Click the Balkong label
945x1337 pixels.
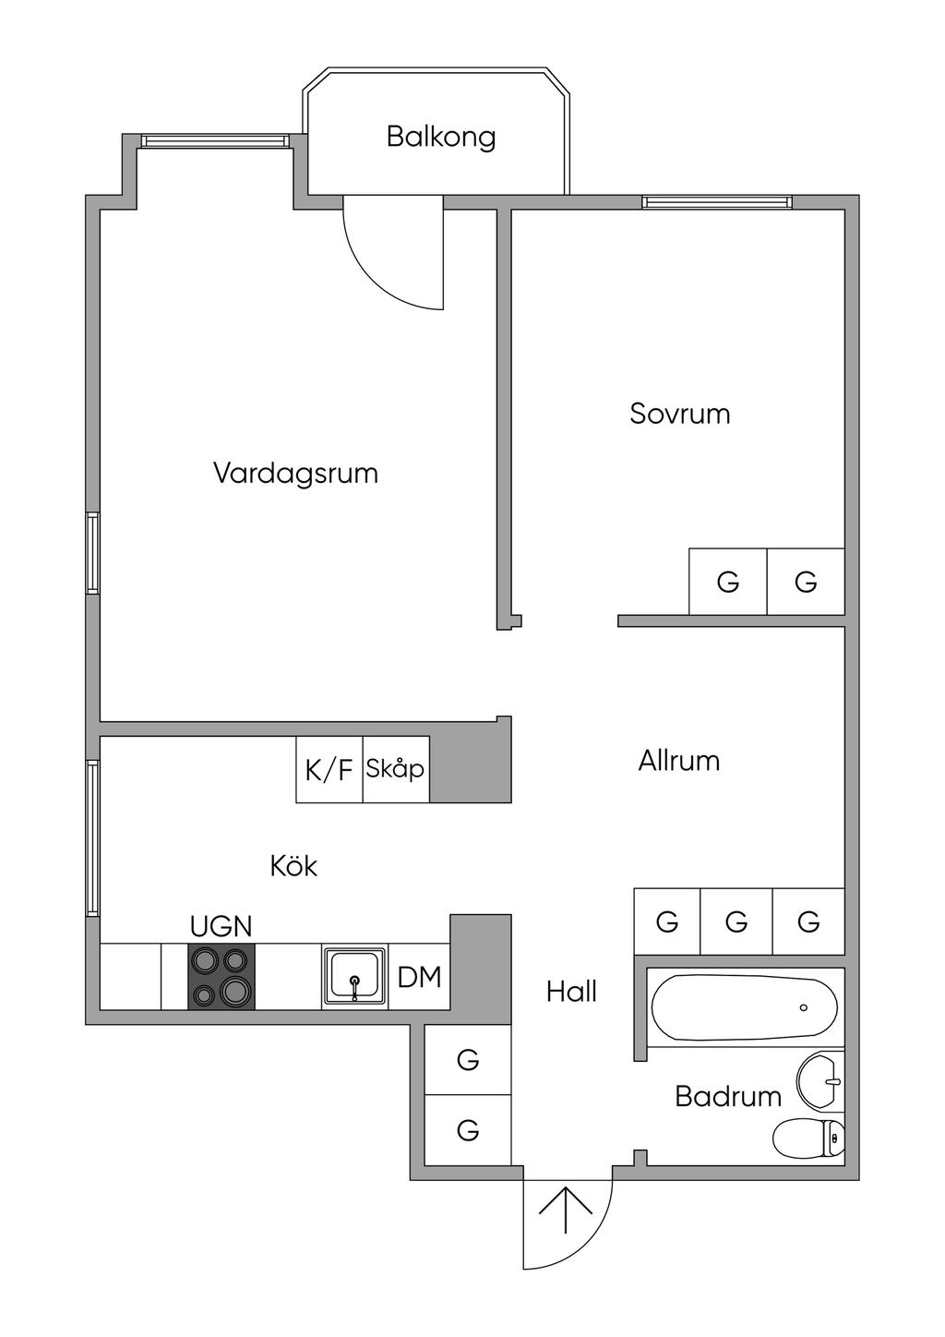coord(441,137)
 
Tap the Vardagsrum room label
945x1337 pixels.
coord(295,474)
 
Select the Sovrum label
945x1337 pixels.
coord(680,413)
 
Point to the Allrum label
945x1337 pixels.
coord(679,761)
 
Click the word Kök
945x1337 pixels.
coord(293,866)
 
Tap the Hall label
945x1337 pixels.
coord(571,992)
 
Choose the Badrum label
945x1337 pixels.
coord(728,1096)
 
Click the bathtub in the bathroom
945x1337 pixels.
coord(745,1008)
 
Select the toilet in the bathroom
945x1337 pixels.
coord(809,1138)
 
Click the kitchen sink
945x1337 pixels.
coord(354,977)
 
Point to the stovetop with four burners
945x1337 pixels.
coord(221,977)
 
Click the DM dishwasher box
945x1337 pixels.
coord(419,977)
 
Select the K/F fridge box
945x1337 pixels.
coord(329,769)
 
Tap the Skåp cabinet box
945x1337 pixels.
coord(396,769)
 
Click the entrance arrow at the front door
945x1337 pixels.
coord(566,1210)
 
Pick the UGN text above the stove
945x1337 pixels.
coord(221,926)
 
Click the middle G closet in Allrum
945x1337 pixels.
coord(736,921)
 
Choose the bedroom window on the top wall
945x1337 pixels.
coord(717,202)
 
